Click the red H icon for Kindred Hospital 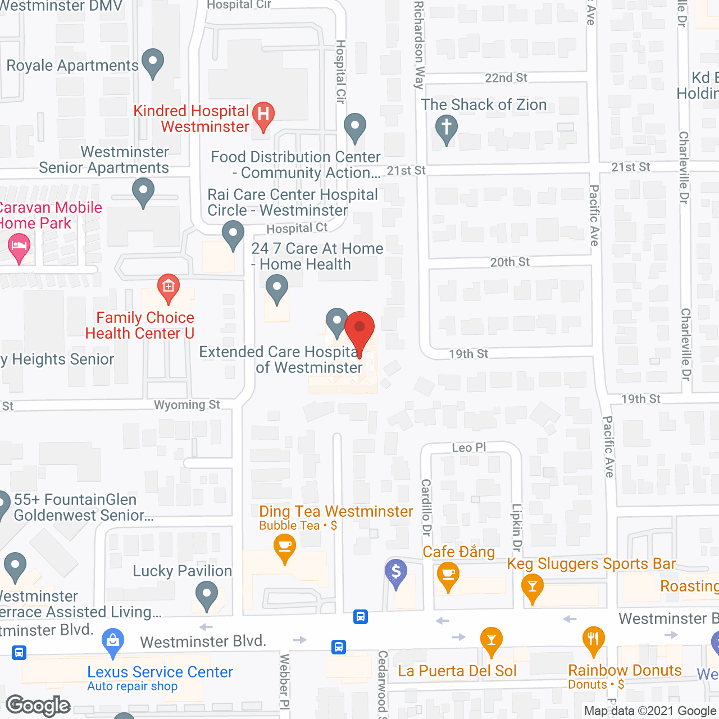(x=263, y=115)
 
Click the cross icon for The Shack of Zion (x=447, y=128)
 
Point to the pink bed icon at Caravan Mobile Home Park (x=19, y=247)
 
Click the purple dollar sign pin (x=396, y=572)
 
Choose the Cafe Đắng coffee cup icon (x=448, y=575)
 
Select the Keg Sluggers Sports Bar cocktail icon (x=532, y=588)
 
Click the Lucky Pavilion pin (x=207, y=594)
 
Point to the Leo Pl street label (x=469, y=448)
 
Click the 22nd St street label (x=506, y=78)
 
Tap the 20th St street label (x=510, y=262)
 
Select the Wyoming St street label (x=187, y=405)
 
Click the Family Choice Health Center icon (x=168, y=287)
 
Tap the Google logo (x=38, y=706)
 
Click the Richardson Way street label (x=419, y=45)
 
